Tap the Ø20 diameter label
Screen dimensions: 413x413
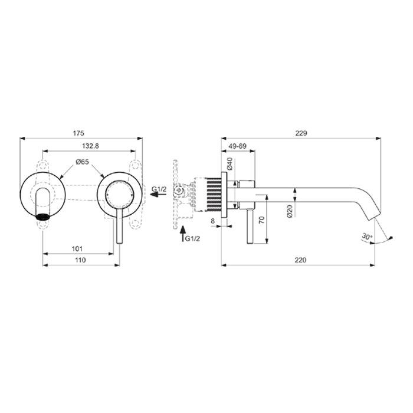point(290,211)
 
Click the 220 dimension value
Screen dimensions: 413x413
point(300,260)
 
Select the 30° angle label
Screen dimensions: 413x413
point(368,237)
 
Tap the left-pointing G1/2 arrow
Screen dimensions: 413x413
point(157,199)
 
